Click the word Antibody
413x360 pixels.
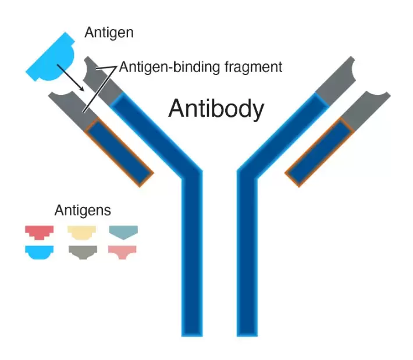click(216, 109)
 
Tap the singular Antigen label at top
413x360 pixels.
click(109, 33)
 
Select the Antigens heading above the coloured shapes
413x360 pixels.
click(83, 211)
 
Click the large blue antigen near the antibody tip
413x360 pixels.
click(51, 58)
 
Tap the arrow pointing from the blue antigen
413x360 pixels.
click(70, 78)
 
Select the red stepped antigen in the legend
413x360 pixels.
click(39, 233)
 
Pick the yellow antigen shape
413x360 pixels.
click(81, 233)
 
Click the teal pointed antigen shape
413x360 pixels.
click(123, 232)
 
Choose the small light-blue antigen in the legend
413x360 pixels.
click(39, 252)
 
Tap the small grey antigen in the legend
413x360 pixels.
click(83, 252)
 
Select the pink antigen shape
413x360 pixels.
click(122, 252)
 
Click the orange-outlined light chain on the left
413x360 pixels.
click(119, 152)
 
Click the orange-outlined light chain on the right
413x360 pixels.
click(319, 152)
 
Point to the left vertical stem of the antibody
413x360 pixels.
click(192, 253)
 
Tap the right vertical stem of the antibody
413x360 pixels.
click(247, 253)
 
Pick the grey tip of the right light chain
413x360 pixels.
click(365, 111)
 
